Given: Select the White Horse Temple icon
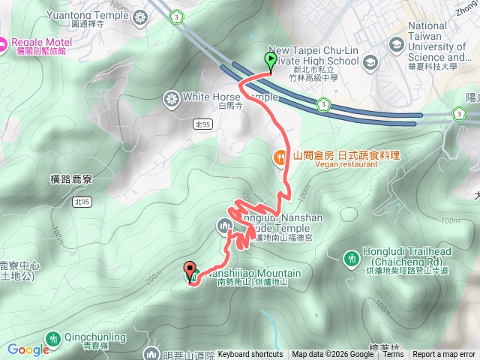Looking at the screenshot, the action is point(172,98).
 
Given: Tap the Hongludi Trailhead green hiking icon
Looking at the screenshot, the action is point(350,259).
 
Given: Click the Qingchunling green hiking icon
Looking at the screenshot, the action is point(52,339).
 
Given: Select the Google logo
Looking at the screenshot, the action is point(28,349).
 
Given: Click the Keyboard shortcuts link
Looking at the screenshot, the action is point(250,355).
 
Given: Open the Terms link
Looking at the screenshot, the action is point(393,355).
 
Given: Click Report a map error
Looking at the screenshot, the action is point(444,355).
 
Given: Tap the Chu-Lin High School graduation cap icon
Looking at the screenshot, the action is point(370,64).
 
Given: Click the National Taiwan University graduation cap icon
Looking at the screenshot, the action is point(395,45).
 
